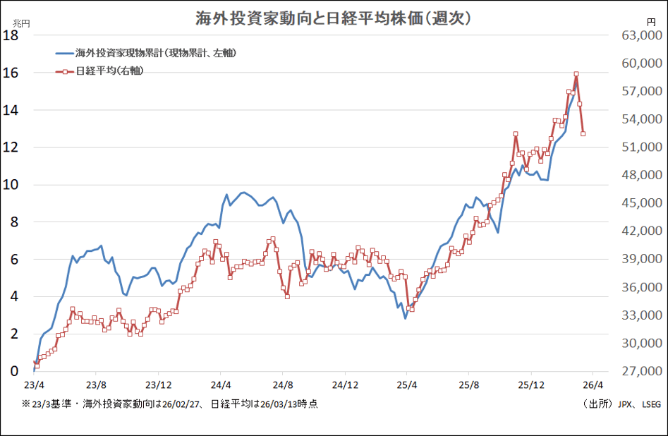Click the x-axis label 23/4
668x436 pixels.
34,385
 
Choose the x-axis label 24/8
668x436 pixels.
283,385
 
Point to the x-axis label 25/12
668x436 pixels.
531,385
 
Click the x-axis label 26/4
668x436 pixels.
593,385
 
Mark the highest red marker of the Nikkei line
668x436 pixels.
576,74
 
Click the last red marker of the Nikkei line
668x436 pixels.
583,133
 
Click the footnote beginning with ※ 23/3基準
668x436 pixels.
169,404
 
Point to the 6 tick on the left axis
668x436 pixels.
13,260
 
